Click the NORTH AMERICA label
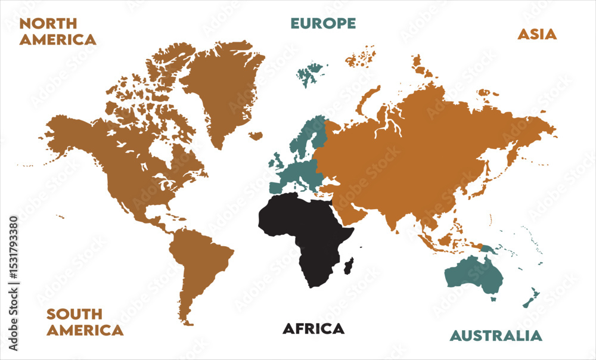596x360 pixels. pos(57,32)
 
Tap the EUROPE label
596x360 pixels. pos(323,23)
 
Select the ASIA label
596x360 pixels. pos(536,34)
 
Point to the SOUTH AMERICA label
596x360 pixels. pos(85,322)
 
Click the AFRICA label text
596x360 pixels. pos(313,328)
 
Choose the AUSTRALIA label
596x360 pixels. pos(496,336)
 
